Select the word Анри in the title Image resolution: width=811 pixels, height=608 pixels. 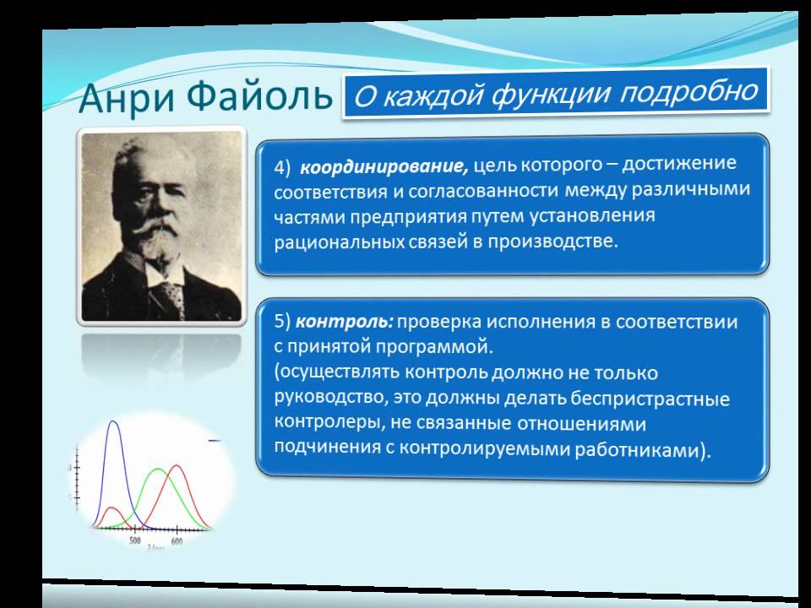coord(128,98)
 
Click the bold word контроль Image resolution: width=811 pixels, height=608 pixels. coord(345,322)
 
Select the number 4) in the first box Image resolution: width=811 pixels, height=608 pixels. coord(282,167)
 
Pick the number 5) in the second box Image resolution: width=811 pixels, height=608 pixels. coord(282,322)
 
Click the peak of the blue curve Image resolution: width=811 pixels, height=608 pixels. coord(114,421)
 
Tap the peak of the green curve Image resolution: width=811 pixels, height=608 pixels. coord(158,470)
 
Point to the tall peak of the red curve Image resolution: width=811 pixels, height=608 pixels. coord(177,466)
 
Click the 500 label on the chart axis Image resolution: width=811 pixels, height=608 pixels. coord(135,540)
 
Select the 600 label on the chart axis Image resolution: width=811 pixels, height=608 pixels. coord(177,541)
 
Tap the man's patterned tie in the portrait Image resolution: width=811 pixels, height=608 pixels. coord(171,297)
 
